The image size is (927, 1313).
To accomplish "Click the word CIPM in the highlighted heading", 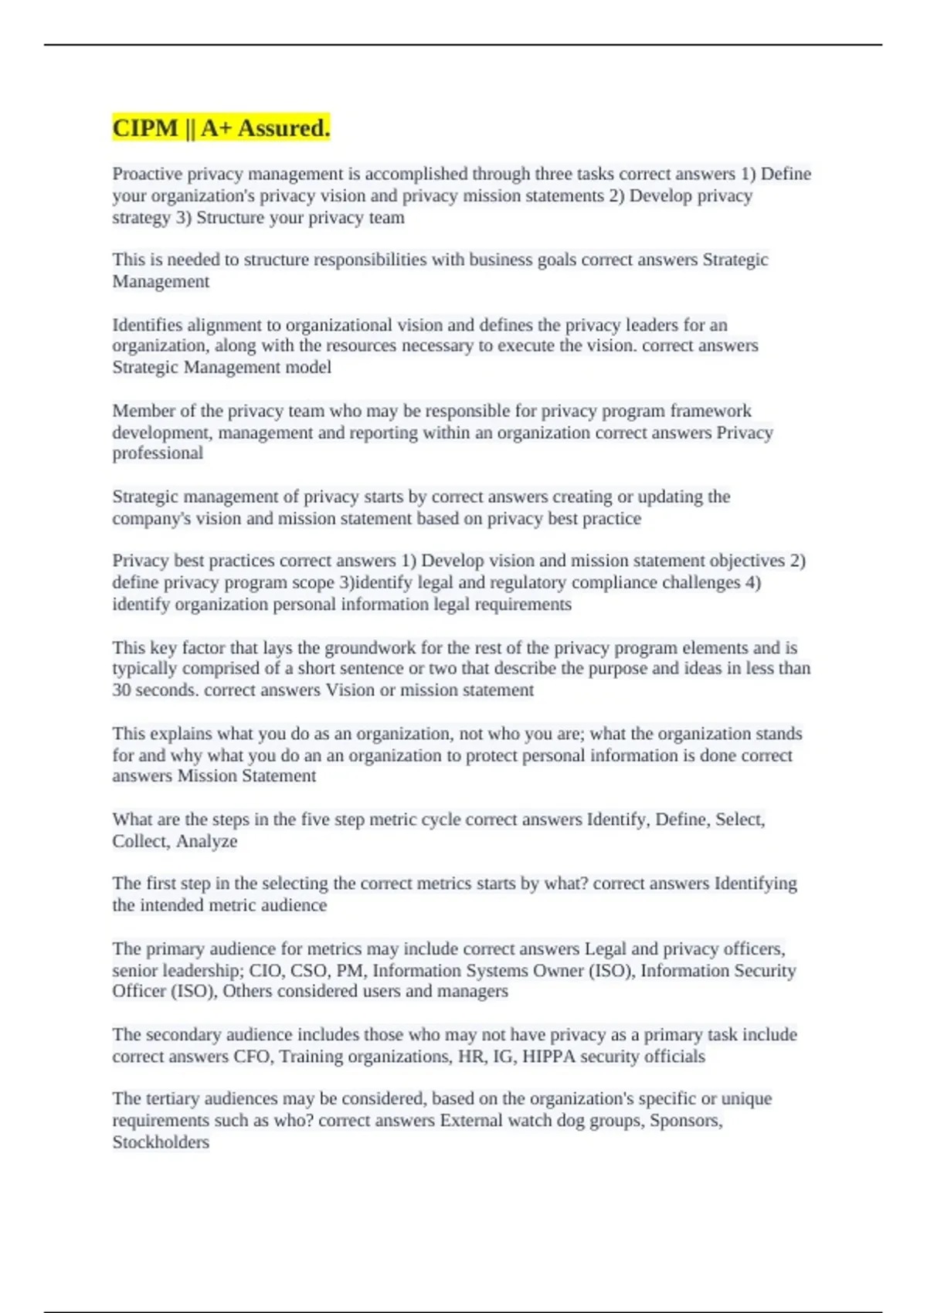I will tap(145, 128).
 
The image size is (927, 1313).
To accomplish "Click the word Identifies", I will tap(147, 325).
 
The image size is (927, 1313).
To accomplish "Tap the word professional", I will tap(158, 453).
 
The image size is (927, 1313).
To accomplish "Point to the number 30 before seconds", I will tap(121, 690).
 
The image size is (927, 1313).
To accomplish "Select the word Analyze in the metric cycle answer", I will tap(206, 841).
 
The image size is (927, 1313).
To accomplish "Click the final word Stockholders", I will tap(161, 1142).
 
